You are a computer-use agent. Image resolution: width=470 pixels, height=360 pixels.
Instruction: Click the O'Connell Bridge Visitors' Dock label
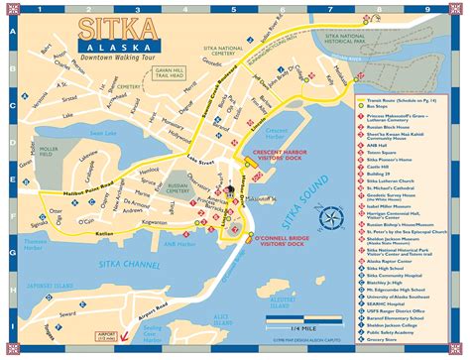(281, 242)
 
